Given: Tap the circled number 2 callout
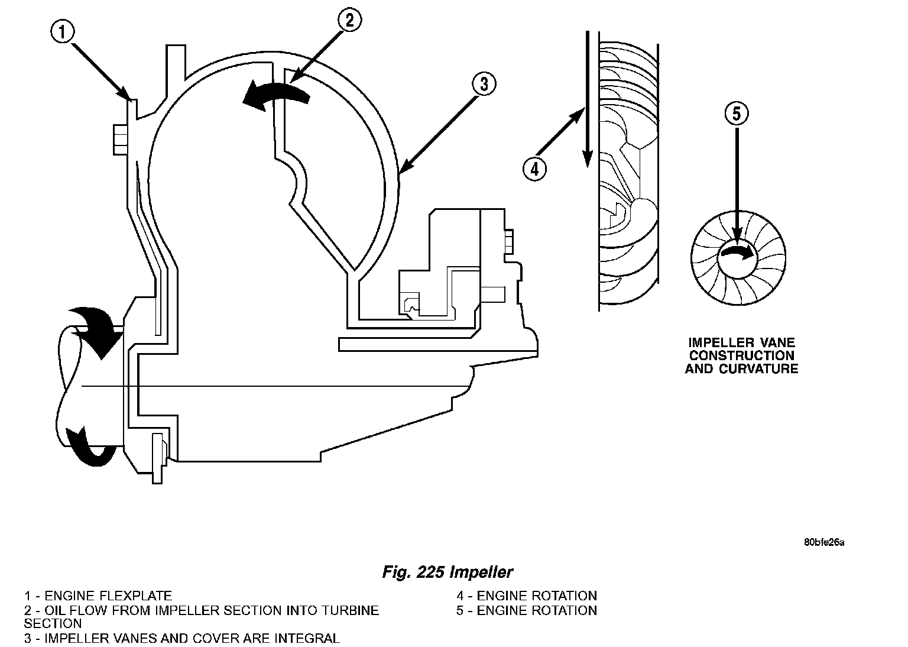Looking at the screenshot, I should coord(349,21).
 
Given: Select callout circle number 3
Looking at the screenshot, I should coord(483,85).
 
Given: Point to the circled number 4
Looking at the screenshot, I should coord(534,170).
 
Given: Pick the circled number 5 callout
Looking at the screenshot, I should coord(736,114).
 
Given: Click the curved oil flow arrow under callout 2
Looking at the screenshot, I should coord(275,95).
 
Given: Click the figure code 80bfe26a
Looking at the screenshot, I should coord(823,542).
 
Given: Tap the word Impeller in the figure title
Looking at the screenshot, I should coord(481,572).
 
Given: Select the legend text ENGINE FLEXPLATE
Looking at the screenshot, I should coord(108,596).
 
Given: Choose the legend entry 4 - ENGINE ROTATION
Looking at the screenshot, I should coord(526,596).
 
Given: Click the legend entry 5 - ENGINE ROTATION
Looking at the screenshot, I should coord(526,610).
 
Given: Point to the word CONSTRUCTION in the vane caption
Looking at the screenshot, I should coord(742,355).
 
